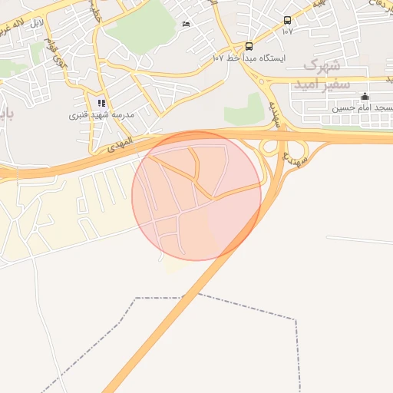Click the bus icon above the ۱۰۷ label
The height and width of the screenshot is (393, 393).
point(287,21)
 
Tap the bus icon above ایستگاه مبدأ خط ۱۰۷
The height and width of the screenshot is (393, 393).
point(249,46)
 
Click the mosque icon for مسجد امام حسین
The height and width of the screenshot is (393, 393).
point(365,97)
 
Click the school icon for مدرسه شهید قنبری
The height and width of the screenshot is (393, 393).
point(101,103)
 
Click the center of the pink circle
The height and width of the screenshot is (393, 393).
point(196,196)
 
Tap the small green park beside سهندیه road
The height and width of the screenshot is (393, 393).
point(246,109)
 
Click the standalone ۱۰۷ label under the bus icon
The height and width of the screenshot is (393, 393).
point(287,31)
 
